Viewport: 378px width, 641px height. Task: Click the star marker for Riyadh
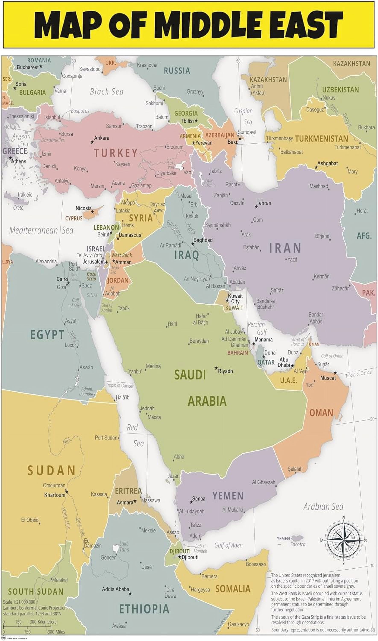point(216,368)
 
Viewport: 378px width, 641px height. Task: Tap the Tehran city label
point(264,203)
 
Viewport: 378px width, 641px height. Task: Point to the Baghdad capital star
point(193,244)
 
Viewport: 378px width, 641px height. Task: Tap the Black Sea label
point(107,91)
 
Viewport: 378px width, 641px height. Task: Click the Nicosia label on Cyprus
point(84,208)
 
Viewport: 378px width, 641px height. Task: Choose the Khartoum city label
point(55,495)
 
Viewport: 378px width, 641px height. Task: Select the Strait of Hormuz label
point(297,342)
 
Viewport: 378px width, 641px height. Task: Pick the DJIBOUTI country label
point(180,551)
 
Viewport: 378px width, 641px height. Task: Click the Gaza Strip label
point(92,276)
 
